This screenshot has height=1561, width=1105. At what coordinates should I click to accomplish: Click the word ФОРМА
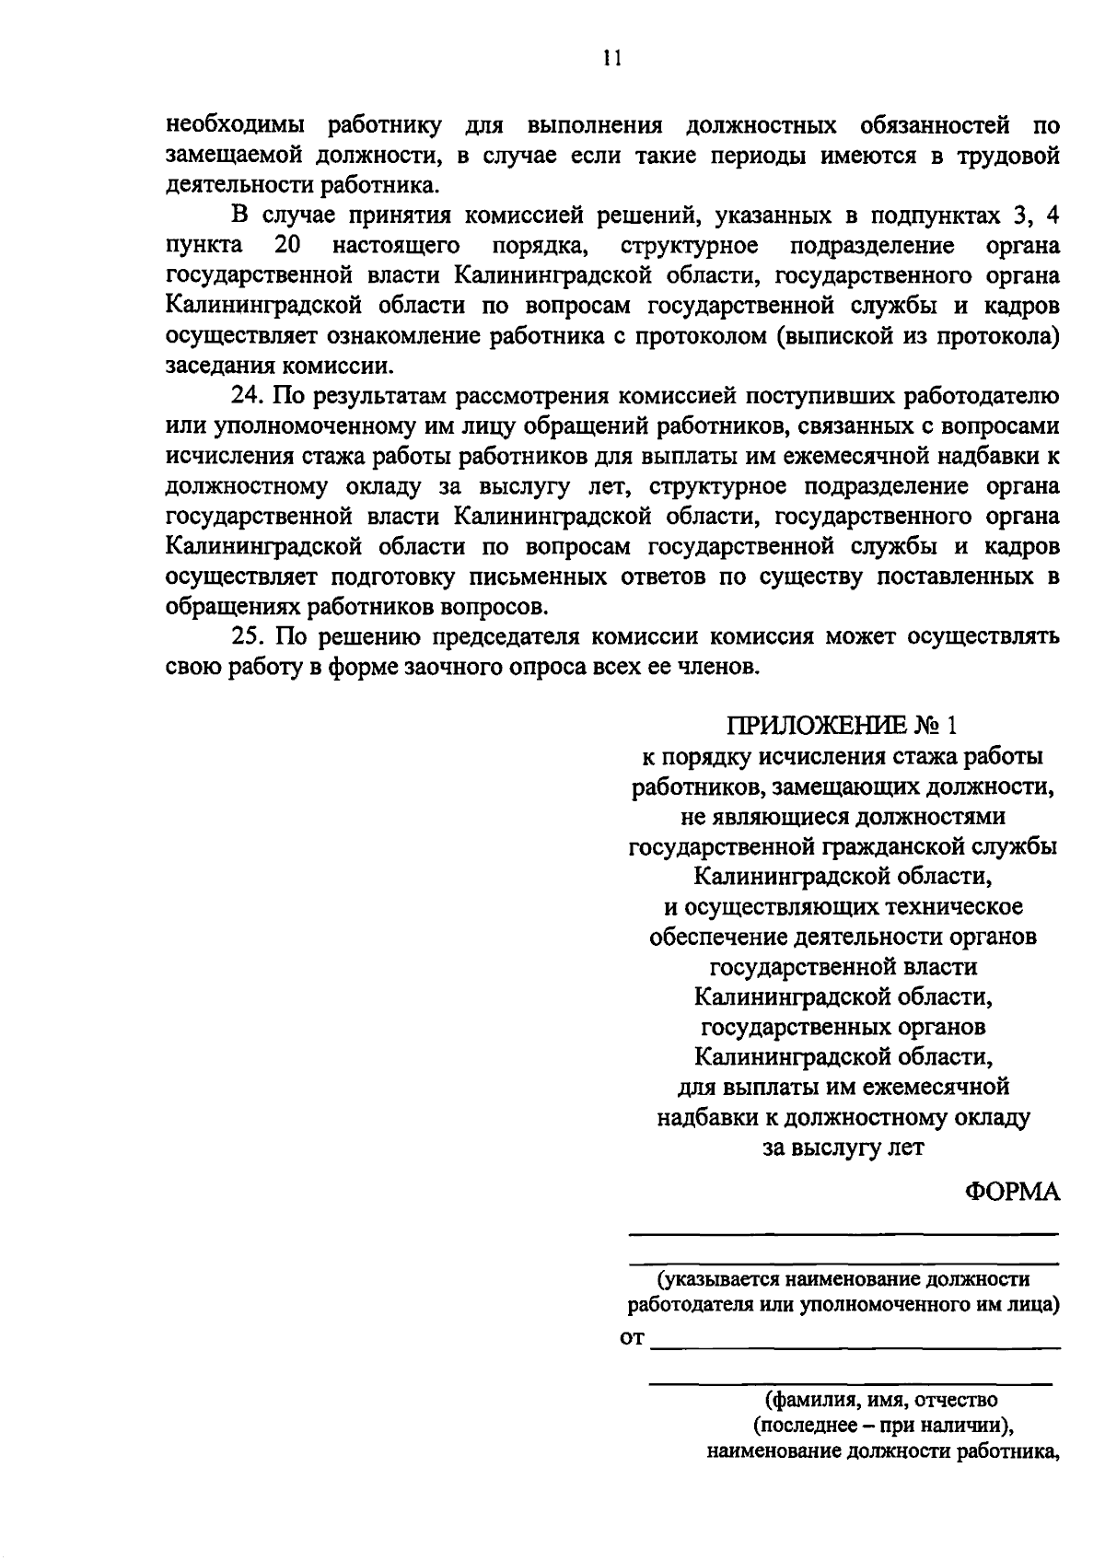click(1012, 1192)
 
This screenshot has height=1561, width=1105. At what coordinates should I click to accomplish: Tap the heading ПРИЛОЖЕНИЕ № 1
click(843, 726)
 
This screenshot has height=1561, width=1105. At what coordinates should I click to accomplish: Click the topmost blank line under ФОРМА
click(843, 1233)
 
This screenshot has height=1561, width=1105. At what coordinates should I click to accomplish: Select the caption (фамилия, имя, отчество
click(882, 1400)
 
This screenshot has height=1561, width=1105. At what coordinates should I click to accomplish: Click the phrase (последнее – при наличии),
click(882, 1426)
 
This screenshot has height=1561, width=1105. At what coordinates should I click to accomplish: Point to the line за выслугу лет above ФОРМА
click(843, 1147)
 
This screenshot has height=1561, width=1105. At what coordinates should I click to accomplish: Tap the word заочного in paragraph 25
click(456, 666)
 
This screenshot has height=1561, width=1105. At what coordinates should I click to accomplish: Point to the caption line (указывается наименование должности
click(843, 1279)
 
